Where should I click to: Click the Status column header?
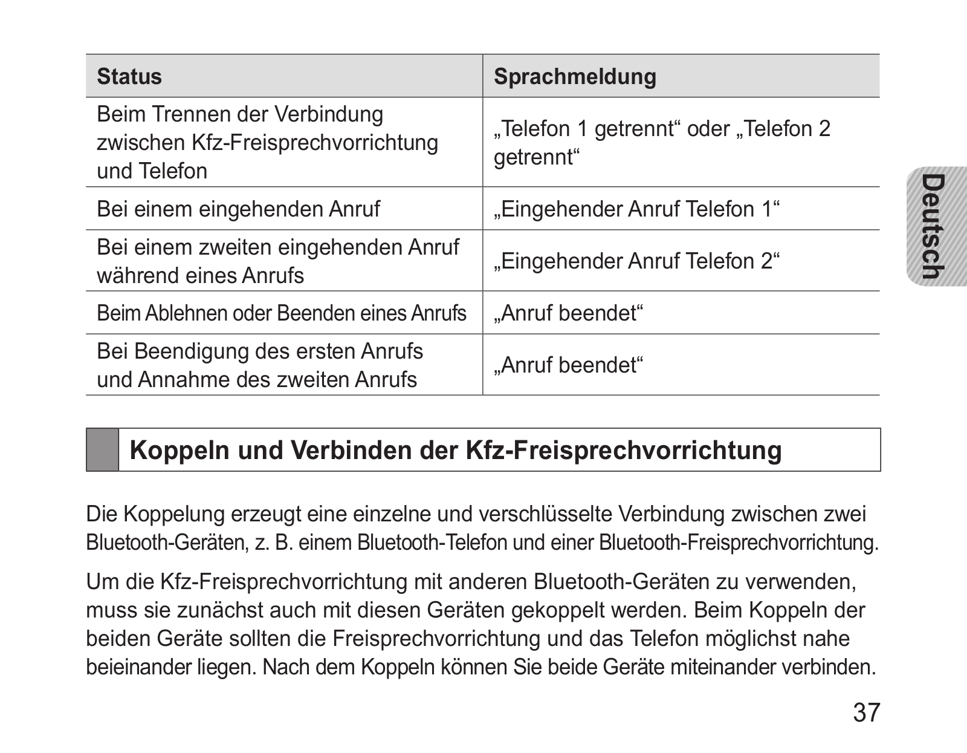(x=129, y=77)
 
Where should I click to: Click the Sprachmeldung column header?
(x=575, y=77)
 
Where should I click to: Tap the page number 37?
(x=867, y=713)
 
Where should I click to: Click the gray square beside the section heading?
(x=102, y=449)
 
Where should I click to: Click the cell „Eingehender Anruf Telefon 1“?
(x=636, y=209)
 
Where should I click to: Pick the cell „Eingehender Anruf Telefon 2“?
(x=636, y=261)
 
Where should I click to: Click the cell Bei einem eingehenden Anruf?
(x=238, y=209)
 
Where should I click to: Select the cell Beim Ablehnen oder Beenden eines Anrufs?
(x=282, y=313)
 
